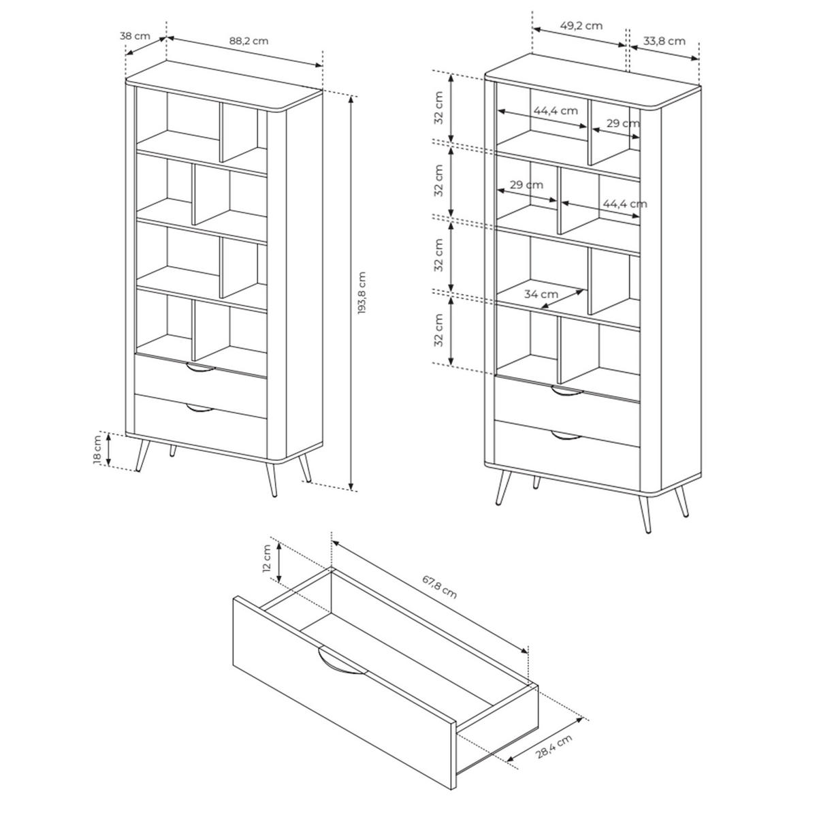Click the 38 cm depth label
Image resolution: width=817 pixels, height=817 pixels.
click(x=135, y=35)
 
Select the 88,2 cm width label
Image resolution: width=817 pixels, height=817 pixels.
click(x=249, y=41)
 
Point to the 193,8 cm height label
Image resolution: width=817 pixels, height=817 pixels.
click(x=362, y=293)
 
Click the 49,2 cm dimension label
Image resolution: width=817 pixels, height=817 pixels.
click(x=581, y=25)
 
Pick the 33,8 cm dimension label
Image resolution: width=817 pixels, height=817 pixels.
click(x=664, y=41)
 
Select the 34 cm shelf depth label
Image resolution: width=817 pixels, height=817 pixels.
click(x=541, y=294)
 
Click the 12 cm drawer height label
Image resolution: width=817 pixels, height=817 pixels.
click(x=267, y=558)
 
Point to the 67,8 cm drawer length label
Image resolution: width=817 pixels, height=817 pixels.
click(x=440, y=587)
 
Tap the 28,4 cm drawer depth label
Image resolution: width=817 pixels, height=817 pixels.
click(x=554, y=746)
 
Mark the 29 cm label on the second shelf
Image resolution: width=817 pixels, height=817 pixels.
click(x=526, y=185)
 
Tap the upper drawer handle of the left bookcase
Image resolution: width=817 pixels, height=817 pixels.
click(x=200, y=368)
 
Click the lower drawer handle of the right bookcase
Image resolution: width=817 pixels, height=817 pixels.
click(x=567, y=436)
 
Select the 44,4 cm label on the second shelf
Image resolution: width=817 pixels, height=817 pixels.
click(x=625, y=204)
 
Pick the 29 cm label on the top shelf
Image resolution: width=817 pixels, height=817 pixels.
click(x=623, y=123)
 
